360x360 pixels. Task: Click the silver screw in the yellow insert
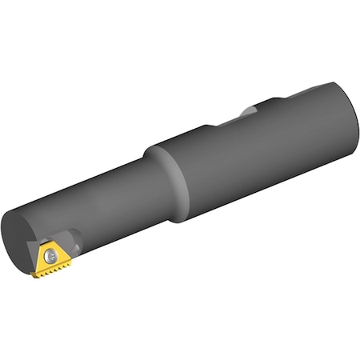[52, 256]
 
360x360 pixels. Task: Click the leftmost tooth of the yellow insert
[35, 275]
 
